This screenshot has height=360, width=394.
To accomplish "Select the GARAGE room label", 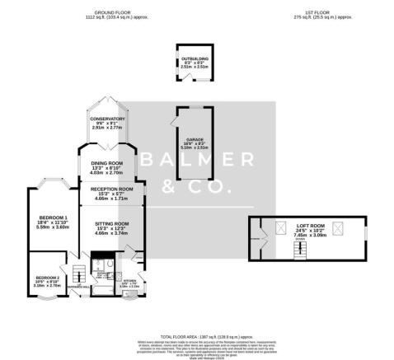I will click(x=195, y=141).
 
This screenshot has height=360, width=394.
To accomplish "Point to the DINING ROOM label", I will click(x=107, y=164).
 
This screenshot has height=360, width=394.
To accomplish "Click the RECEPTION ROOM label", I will click(x=110, y=190).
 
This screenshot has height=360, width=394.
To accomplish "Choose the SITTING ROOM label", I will click(x=110, y=224).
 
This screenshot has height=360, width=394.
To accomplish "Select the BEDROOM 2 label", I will click(x=47, y=278).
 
